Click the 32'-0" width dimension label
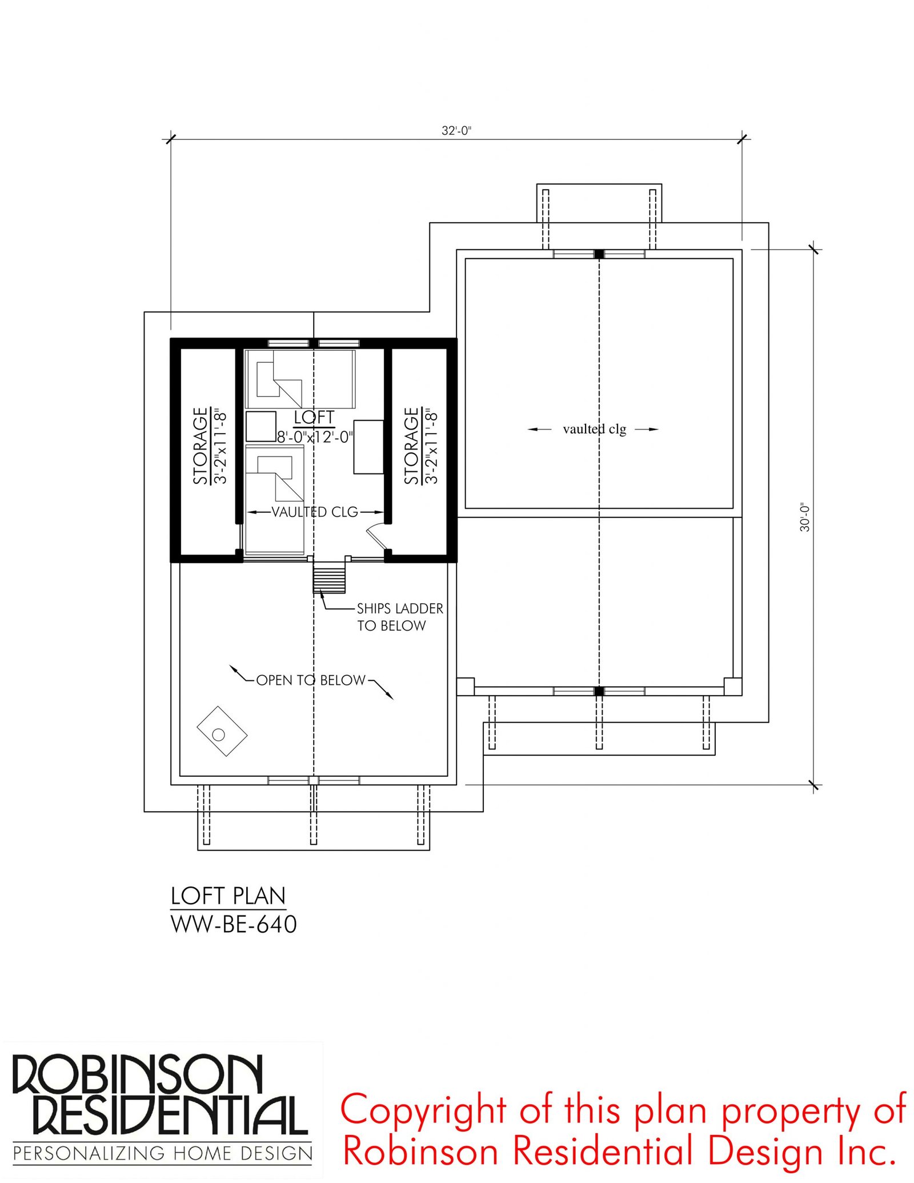coord(456,130)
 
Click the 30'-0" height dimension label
coord(805,518)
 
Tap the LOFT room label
coord(314,418)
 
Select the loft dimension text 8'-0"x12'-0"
coord(315,437)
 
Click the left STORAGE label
coord(200,446)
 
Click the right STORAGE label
coord(411,446)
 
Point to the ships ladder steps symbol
coord(330,578)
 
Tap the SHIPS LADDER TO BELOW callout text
coord(400,617)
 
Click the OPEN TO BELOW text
coord(311,680)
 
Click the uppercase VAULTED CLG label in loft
coord(315,512)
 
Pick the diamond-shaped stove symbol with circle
coord(222,732)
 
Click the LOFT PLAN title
coord(228,896)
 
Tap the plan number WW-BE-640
coord(234,924)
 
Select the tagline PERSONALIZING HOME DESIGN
coord(163,1153)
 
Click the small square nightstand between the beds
coord(261,426)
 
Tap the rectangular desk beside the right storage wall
coord(368,447)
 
